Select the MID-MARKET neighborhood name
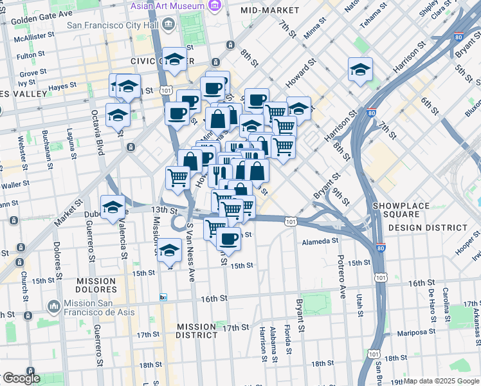[269, 11]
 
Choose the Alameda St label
[320, 241]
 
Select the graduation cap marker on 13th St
[113, 207]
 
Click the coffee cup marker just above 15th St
[228, 239]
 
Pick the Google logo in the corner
[21, 378]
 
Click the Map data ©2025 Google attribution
[440, 381]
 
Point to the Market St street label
[69, 213]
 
